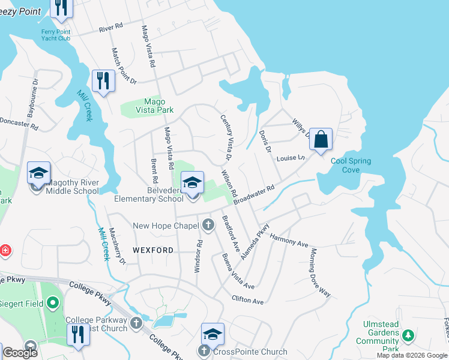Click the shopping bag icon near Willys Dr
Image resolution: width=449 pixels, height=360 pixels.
[321, 139]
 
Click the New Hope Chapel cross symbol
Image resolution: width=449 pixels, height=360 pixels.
[208, 225]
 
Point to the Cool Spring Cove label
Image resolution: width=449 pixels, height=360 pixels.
[351, 165]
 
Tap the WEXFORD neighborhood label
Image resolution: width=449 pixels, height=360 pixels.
[153, 250]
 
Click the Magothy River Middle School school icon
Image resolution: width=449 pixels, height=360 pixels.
[39, 174]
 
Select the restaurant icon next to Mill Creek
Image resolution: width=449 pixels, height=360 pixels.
[103, 81]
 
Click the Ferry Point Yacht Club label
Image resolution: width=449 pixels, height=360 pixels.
[56, 35]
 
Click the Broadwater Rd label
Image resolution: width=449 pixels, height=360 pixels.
[254, 195]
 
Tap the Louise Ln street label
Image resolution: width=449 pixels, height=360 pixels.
[291, 158]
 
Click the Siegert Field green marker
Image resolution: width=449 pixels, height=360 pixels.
[53, 303]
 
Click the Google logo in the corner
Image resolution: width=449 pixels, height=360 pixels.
[20, 353]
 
